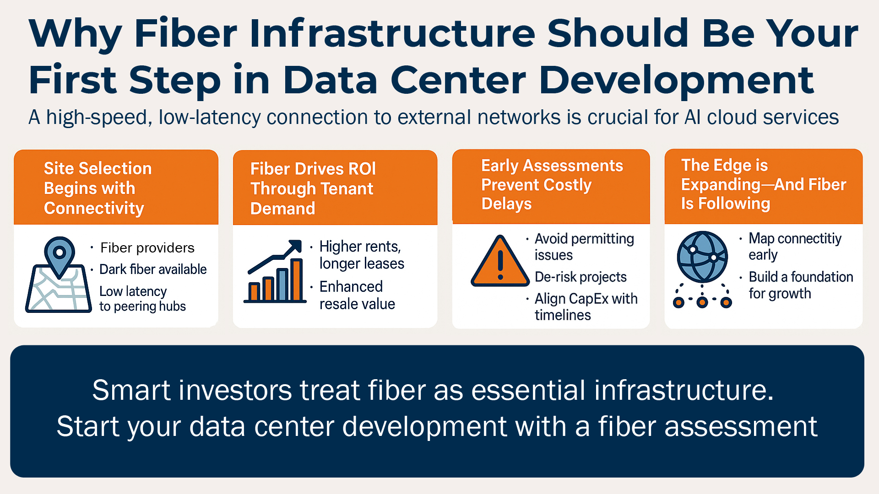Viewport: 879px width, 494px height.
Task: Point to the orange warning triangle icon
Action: [x=500, y=261]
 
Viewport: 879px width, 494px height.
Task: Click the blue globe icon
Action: [x=702, y=257]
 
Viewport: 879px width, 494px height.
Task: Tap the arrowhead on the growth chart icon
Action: [x=295, y=246]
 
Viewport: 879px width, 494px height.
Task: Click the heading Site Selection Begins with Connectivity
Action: [x=98, y=188]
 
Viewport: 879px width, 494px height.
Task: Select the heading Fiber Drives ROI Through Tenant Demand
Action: [x=313, y=188]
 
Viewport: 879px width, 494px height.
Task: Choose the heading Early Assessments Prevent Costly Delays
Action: [x=552, y=184]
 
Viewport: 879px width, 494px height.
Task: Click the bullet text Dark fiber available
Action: [x=153, y=269]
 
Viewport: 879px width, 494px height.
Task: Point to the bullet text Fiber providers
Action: [x=147, y=248]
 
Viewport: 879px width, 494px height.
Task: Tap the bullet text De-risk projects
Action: [x=581, y=277]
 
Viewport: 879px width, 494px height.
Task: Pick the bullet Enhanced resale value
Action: [x=357, y=295]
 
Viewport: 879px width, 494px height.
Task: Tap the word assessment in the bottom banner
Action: [x=741, y=427]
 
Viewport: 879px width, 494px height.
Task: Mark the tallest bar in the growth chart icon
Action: [x=297, y=280]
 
